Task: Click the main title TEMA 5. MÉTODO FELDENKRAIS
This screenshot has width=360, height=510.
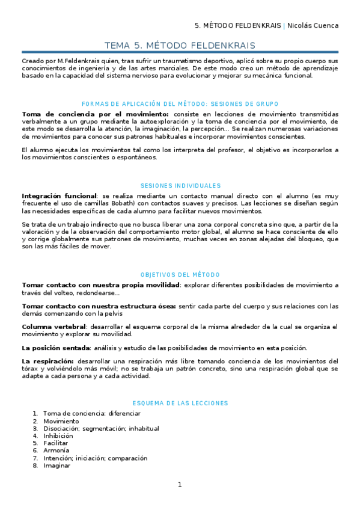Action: pos(180,46)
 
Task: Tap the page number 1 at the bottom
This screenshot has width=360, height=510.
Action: pos(180,485)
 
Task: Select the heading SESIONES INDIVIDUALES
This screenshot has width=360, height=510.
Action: pos(180,186)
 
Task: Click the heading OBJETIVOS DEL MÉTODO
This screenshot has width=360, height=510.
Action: pos(180,274)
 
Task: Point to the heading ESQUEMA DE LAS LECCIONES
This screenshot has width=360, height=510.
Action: pos(180,403)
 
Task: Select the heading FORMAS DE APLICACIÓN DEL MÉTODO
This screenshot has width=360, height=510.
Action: pos(180,104)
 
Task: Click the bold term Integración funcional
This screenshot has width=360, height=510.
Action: pos(59,196)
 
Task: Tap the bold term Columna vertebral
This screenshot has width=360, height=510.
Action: pos(53,327)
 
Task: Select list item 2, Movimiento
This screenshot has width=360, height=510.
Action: pos(61,421)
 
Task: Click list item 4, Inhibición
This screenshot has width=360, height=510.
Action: pos(58,435)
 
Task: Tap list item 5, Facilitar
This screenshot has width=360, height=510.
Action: pos(55,443)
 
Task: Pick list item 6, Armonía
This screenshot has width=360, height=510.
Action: pos(56,450)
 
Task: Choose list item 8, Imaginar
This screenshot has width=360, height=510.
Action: pos(56,465)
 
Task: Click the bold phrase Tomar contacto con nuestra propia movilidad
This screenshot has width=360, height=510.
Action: pos(101,284)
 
